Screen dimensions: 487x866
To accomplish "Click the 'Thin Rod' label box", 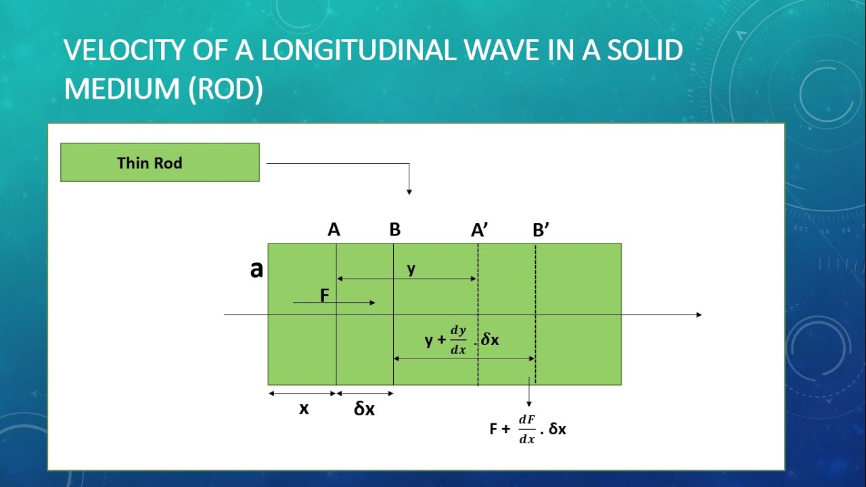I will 160,162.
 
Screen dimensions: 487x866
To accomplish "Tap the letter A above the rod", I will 334,230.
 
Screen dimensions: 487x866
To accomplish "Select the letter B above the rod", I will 395,230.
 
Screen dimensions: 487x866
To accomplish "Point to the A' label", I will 480,230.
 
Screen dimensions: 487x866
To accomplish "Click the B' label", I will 541,230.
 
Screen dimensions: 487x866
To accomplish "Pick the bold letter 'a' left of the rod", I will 256,270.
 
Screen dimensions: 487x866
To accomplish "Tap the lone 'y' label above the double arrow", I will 411,269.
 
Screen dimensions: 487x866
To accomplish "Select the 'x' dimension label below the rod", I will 304,409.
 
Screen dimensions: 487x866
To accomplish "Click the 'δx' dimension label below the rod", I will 364,409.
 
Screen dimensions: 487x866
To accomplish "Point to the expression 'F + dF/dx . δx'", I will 528,429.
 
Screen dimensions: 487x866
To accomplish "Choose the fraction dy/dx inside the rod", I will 459,340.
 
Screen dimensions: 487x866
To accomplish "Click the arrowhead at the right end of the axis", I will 699,315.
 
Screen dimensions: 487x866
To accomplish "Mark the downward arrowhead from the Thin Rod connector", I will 409,192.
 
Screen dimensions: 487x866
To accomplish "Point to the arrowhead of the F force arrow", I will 372,302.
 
